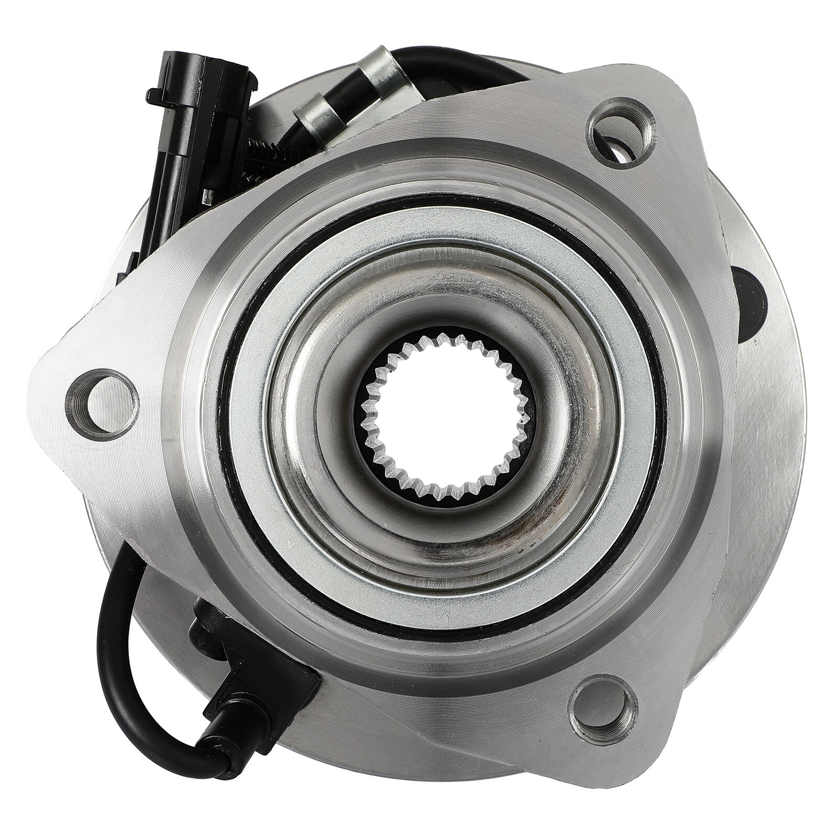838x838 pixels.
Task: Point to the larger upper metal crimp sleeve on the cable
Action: [x=371, y=70]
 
